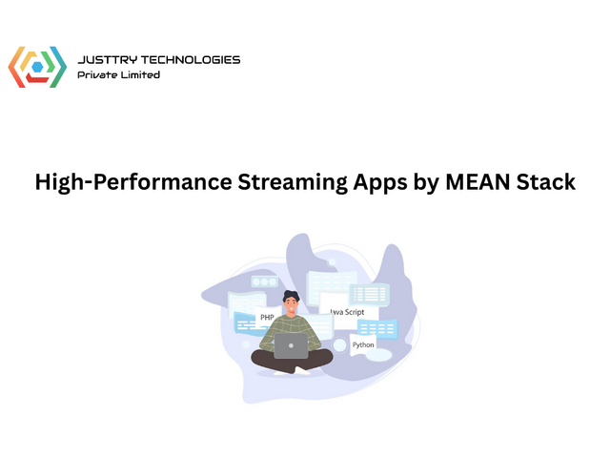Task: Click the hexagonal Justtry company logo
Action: [x=37, y=67]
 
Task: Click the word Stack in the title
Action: [x=548, y=182]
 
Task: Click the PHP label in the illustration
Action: [x=267, y=317]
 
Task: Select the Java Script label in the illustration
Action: [x=346, y=311]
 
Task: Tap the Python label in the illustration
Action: [x=363, y=344]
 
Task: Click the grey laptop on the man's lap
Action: [x=292, y=345]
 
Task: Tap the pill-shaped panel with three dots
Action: [x=263, y=282]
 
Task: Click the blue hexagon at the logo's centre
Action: [x=37, y=67]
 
